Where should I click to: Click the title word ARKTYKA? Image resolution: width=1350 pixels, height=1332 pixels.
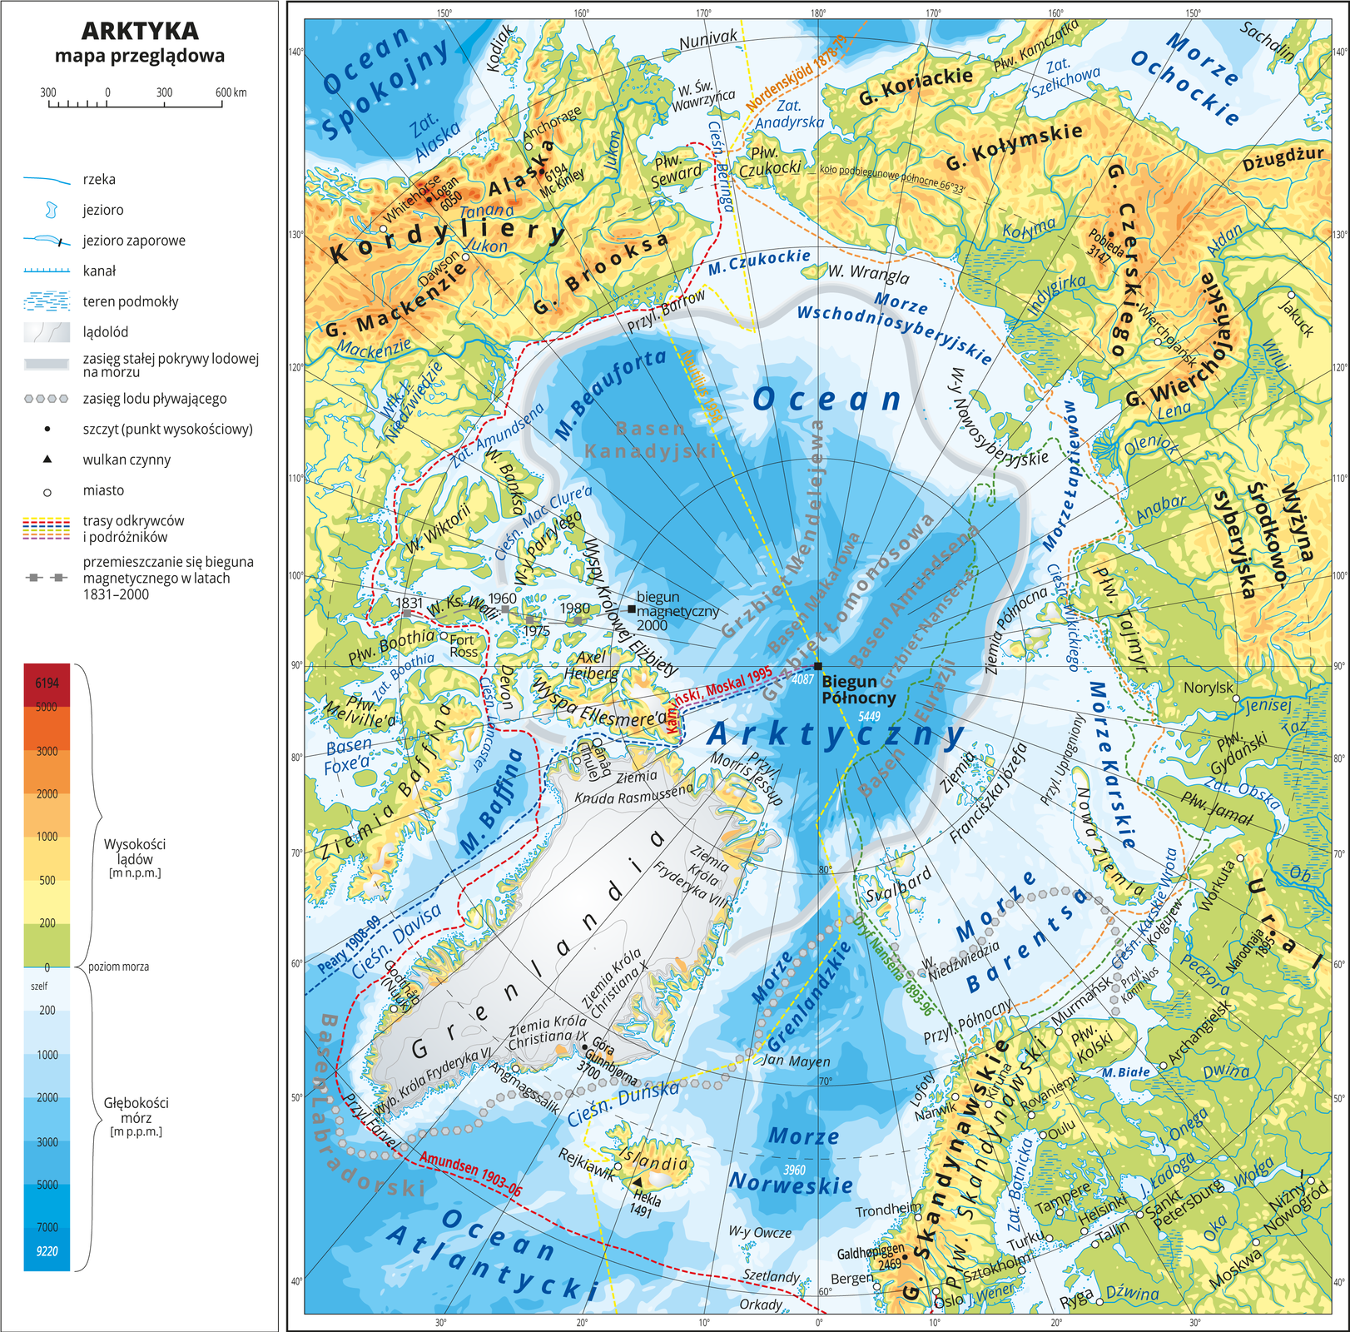tap(140, 31)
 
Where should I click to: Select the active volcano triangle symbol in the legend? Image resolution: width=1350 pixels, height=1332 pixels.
tap(47, 459)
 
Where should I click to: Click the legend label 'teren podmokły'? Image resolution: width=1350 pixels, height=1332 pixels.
tap(130, 301)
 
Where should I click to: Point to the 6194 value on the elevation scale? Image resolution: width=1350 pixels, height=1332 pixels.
tap(47, 683)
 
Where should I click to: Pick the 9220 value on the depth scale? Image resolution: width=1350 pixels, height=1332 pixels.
tap(47, 1250)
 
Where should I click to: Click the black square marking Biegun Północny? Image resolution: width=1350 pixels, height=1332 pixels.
tap(818, 666)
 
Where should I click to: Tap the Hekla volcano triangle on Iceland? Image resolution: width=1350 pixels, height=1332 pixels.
tap(637, 1182)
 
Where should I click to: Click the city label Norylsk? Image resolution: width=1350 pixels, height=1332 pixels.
tap(1208, 688)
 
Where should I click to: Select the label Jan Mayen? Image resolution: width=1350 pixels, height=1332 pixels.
tap(796, 1061)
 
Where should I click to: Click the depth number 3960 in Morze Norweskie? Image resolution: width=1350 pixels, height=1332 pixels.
tap(794, 1170)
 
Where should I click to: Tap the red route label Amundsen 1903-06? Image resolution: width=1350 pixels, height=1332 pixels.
tap(470, 1174)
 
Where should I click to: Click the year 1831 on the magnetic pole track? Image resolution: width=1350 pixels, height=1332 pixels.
tap(409, 603)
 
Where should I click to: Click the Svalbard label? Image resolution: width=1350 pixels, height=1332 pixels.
tap(898, 885)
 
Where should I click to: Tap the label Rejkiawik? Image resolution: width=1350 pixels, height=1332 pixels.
tap(586, 1165)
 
